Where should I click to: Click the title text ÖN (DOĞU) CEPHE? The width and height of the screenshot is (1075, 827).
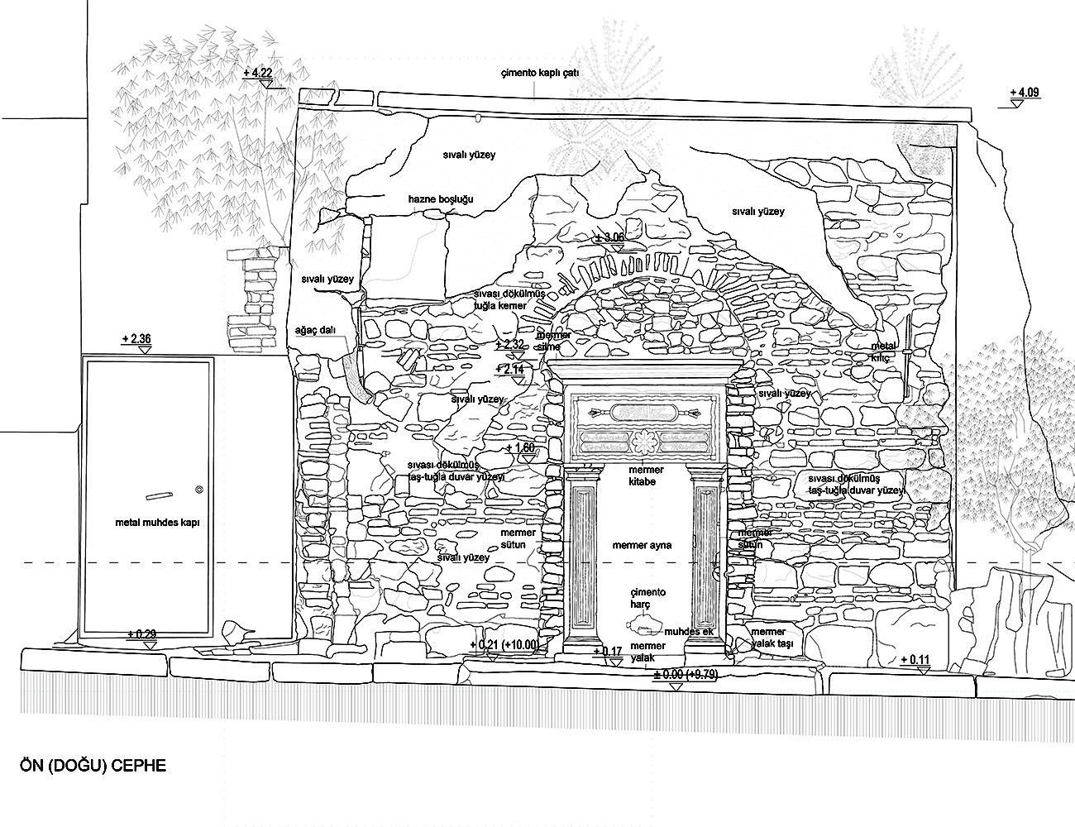92,765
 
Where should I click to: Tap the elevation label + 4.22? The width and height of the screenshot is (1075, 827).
257,74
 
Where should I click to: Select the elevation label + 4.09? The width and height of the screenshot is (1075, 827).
1023,92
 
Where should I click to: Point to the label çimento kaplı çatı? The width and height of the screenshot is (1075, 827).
540,73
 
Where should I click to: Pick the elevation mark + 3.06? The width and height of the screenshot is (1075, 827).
610,237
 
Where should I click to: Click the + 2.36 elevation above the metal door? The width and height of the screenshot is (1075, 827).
136,338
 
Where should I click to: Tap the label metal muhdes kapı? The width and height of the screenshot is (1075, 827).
158,523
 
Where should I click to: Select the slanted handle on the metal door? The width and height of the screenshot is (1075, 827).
158,497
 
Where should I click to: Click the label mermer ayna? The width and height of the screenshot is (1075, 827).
642,546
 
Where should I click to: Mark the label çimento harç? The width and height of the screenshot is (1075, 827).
647,599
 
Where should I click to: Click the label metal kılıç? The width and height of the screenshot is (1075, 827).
883,351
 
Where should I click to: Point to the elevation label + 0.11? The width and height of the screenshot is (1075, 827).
913,659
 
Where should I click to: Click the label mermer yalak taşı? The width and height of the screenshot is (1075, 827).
772,638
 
